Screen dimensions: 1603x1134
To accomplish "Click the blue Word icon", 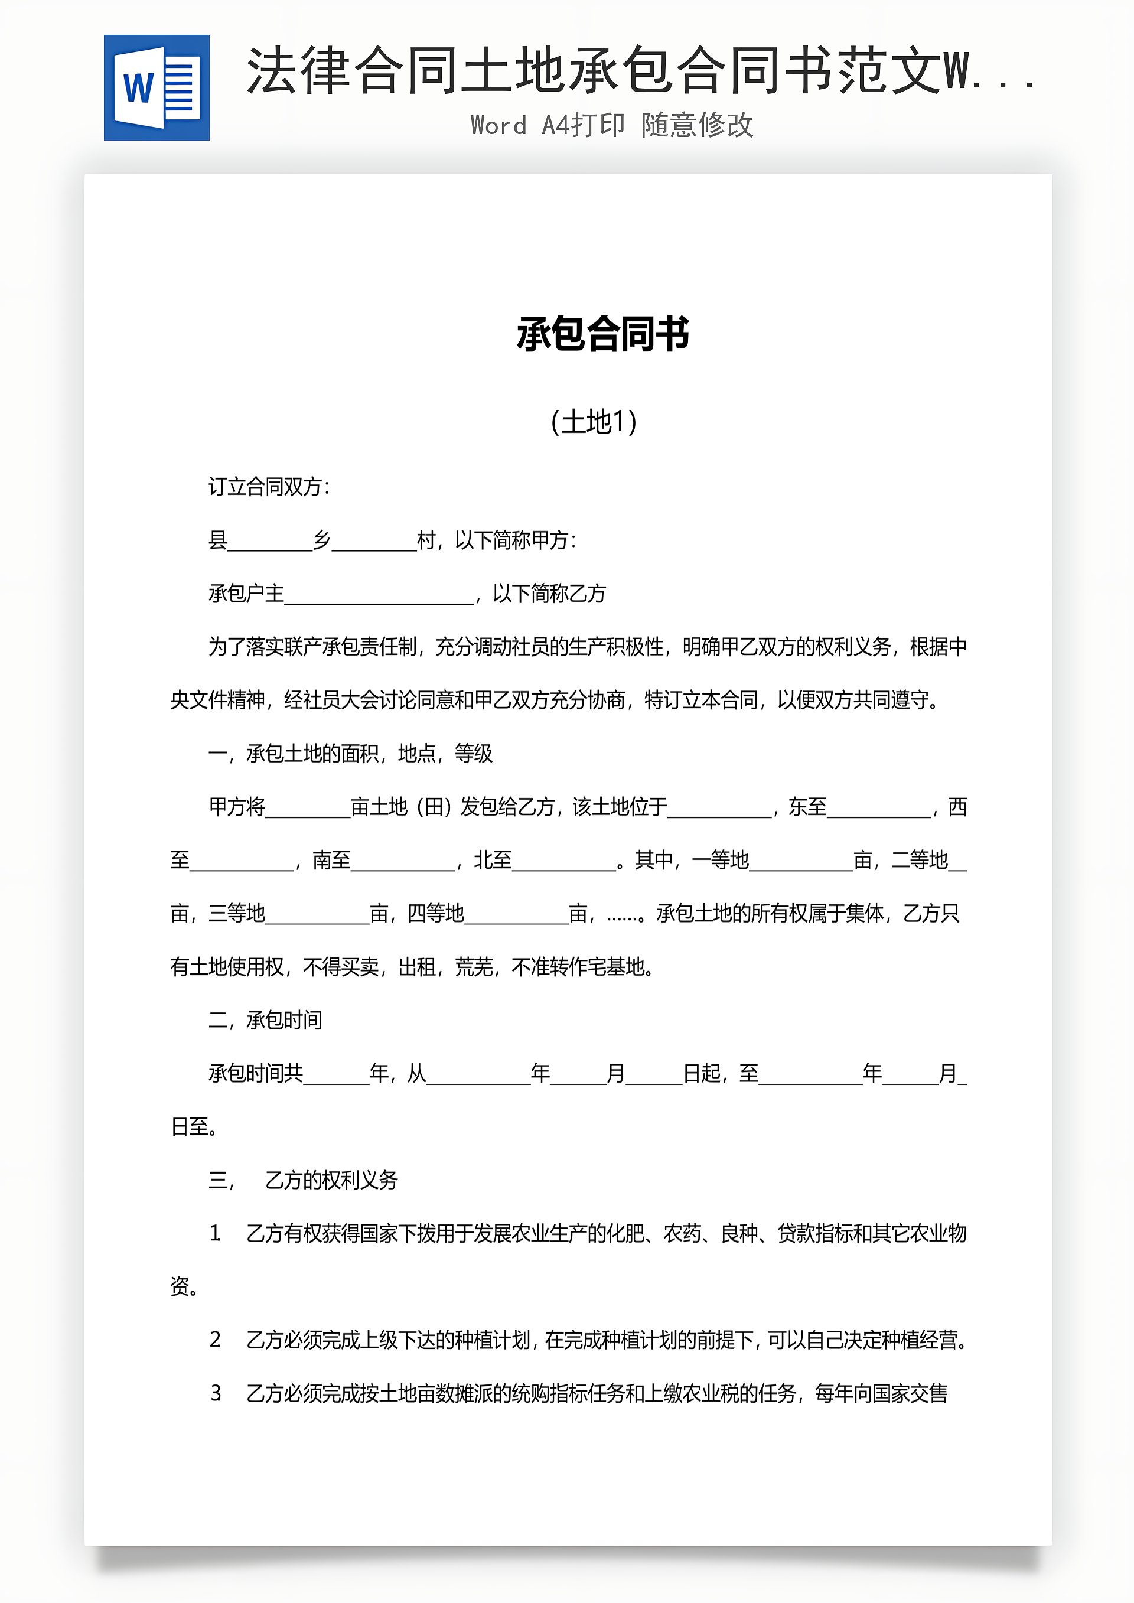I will pos(157,88).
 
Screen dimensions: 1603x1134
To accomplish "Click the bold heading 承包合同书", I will pos(602,334).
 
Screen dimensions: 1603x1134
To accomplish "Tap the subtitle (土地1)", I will pos(594,422).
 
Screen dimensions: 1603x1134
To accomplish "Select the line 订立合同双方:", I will pos(269,487).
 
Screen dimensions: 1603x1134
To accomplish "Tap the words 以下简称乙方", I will pos(549,594).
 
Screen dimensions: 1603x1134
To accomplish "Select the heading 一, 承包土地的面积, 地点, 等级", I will pos(350,753).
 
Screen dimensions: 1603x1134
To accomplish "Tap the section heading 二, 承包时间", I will pos(265,1020).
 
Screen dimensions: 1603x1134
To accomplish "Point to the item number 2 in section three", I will pos(215,1340).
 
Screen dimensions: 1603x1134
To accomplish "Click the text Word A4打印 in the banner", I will pos(548,125).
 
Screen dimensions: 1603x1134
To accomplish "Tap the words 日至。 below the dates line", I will pos(194,1127).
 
